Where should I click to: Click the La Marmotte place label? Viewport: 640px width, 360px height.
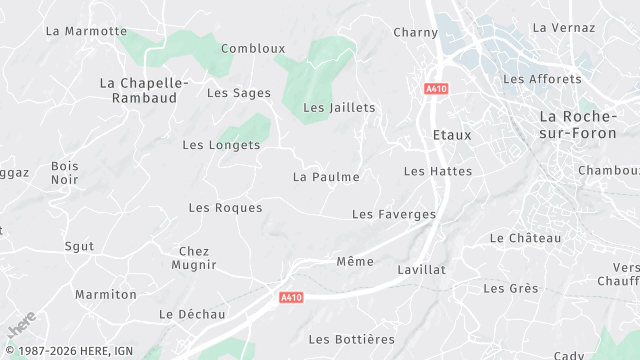pos(87,31)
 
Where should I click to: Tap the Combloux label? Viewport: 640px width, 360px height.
pos(253,48)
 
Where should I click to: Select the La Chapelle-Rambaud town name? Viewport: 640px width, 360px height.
pos(139,90)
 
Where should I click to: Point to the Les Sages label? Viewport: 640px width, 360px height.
pos(238,93)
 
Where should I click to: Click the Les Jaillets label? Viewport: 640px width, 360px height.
pos(339,107)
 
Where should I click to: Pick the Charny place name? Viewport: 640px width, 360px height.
pos(416,33)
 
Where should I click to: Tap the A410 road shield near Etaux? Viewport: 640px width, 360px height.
pos(435,89)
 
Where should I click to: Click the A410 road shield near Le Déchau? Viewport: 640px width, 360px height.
pos(291,297)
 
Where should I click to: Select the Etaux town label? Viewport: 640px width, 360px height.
pos(452,134)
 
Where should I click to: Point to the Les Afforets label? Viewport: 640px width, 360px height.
pos(542,79)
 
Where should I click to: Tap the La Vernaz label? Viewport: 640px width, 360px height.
pos(565,28)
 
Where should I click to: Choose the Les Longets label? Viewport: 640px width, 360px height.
pos(221,145)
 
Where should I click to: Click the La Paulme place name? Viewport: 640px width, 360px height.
pos(326,177)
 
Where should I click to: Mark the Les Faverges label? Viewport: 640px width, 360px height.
pos(394,214)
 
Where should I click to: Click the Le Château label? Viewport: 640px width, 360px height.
pos(525,238)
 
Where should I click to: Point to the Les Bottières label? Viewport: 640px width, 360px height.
pos(351,340)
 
